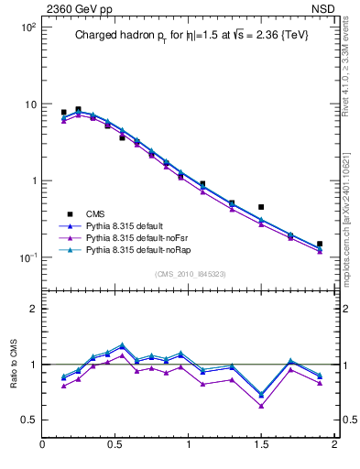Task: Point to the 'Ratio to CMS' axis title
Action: tap(14, 363)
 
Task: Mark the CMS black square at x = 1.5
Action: tap(261, 207)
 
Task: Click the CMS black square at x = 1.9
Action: tap(319, 245)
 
